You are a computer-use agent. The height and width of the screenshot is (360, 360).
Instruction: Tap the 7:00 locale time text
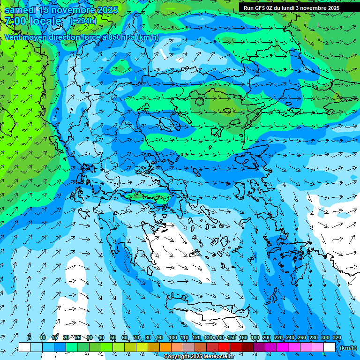point(33,21)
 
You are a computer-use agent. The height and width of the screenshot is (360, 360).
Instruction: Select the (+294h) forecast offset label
point(83,21)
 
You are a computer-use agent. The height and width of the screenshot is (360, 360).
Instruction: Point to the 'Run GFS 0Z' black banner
point(291,7)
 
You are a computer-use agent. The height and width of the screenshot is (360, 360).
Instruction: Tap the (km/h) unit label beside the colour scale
point(348,348)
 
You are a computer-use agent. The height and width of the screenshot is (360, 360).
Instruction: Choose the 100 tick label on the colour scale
point(172,338)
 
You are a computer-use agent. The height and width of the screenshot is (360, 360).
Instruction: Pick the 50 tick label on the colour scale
point(113,338)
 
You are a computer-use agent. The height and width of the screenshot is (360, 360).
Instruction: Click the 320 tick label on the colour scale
point(337,338)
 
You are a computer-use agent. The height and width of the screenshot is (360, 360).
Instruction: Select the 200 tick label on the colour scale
point(266,338)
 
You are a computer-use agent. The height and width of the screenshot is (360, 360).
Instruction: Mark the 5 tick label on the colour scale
point(30,338)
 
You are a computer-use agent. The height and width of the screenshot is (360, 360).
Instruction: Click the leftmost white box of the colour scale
point(24,347)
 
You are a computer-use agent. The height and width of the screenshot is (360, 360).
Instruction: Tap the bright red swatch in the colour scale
point(224,347)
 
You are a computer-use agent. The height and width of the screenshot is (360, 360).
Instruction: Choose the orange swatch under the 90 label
point(165,347)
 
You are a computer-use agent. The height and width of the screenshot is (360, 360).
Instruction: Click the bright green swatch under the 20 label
point(72,347)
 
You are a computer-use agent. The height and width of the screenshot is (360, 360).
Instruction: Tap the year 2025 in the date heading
point(105,10)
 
